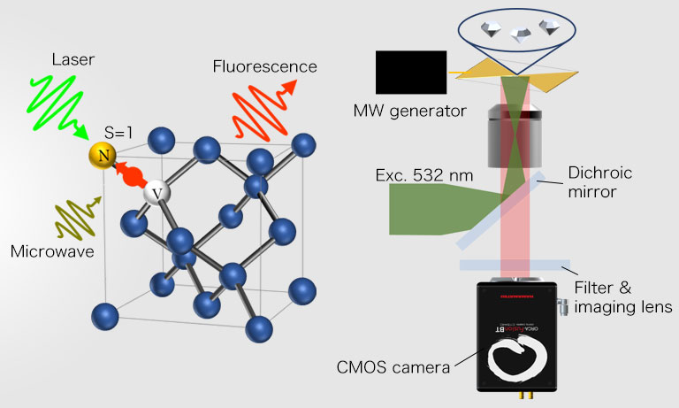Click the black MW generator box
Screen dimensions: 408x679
411,72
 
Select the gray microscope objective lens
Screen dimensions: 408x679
517,133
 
